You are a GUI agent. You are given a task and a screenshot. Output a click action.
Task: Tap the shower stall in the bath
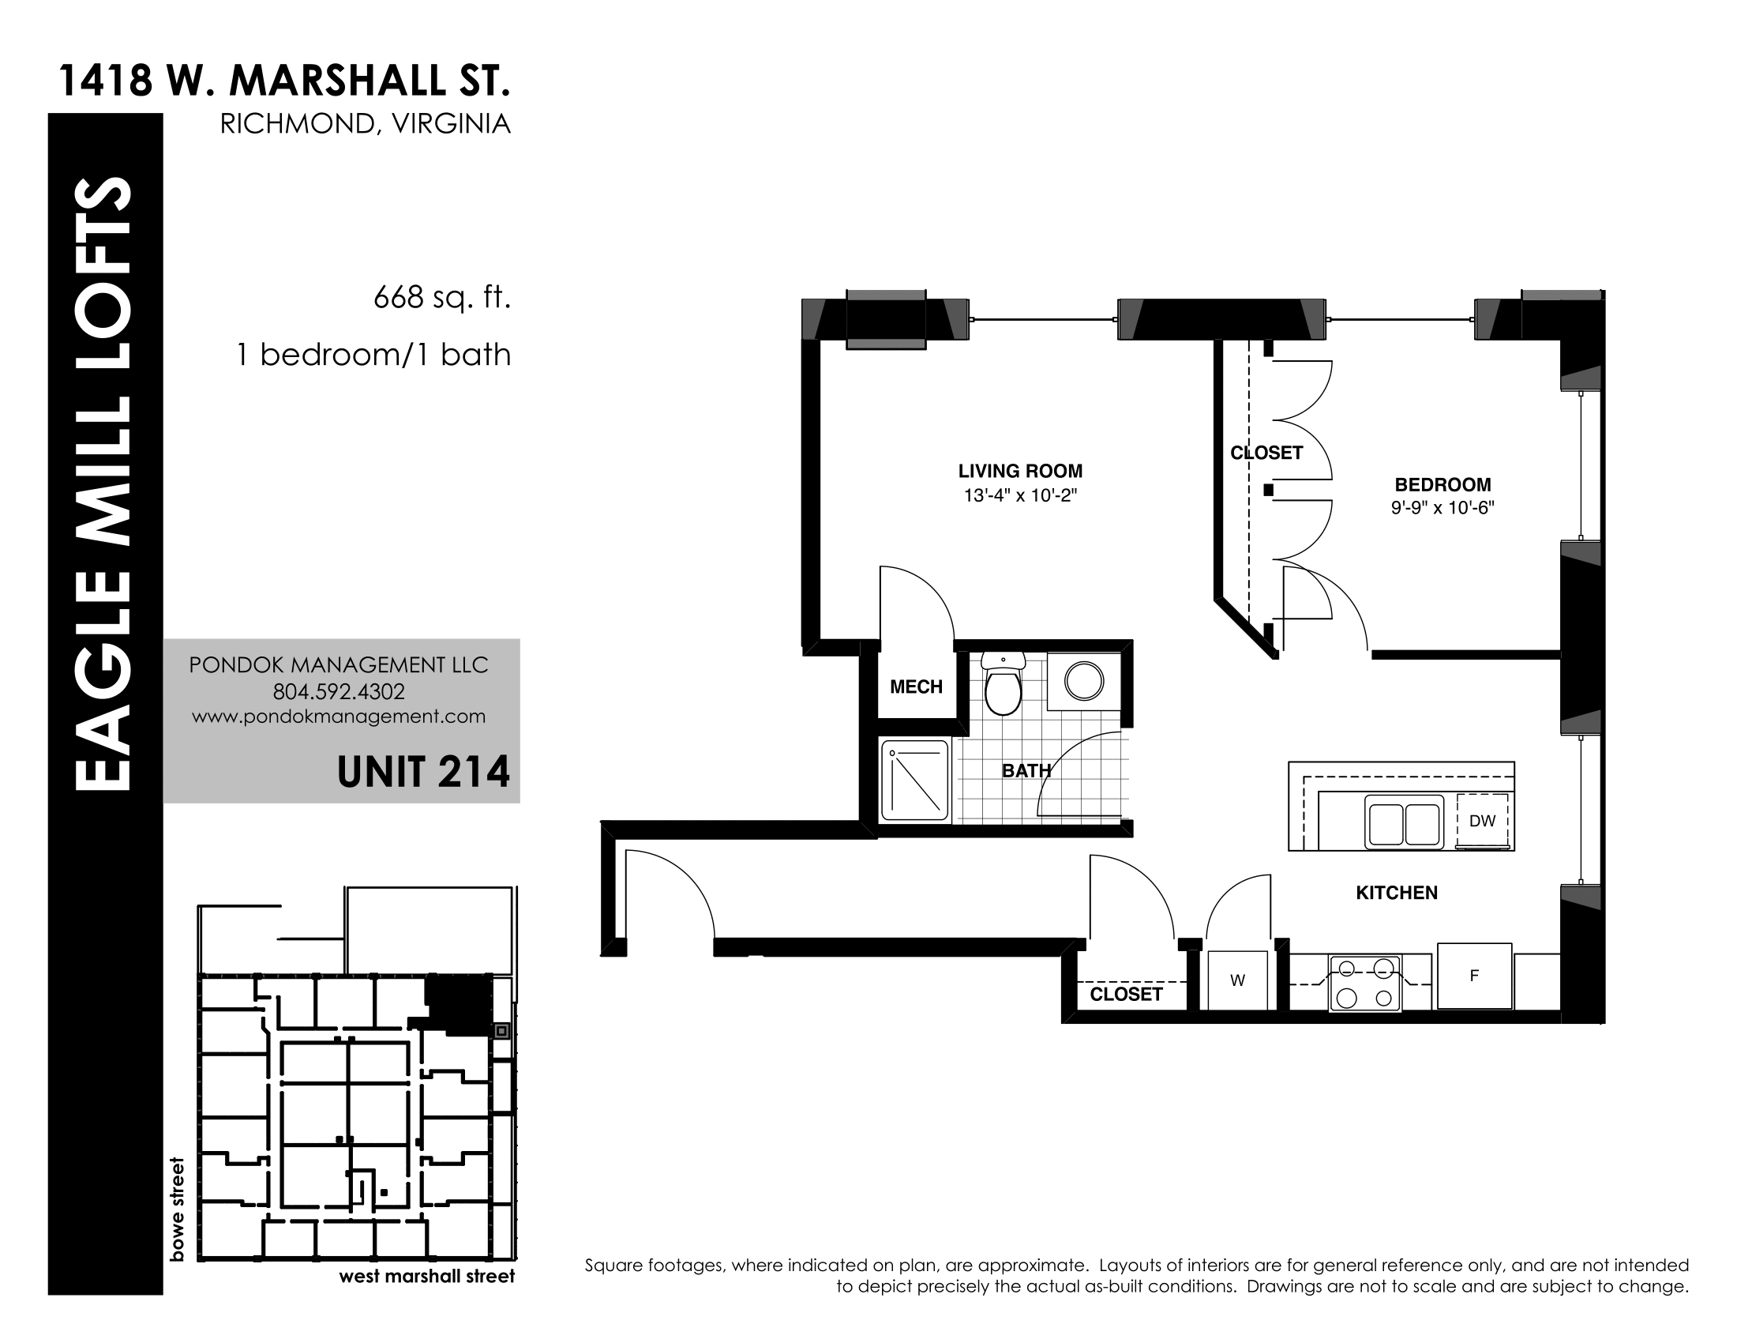click(x=914, y=781)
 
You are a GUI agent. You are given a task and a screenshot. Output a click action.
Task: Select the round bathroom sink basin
click(x=1084, y=681)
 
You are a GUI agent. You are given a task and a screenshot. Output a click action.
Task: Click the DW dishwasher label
click(x=1482, y=821)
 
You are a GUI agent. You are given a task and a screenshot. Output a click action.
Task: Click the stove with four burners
click(x=1365, y=984)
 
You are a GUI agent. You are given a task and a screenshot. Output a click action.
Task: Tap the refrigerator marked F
click(x=1474, y=976)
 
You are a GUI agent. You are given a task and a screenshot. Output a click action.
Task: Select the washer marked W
click(x=1237, y=980)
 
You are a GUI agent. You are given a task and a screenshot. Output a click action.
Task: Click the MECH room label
click(x=916, y=687)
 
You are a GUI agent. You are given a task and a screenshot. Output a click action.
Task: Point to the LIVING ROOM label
click(x=1020, y=471)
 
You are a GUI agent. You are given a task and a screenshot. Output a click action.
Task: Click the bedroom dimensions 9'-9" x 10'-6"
click(x=1442, y=508)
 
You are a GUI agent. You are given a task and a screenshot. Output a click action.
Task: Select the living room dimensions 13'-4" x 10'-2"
click(x=1020, y=495)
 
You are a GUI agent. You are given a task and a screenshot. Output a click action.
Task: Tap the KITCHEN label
click(x=1397, y=893)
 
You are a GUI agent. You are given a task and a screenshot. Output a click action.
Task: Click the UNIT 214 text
click(x=423, y=772)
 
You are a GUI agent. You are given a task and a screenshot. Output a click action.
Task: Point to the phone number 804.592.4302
click(x=339, y=691)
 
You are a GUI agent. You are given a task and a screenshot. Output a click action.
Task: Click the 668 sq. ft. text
click(x=441, y=298)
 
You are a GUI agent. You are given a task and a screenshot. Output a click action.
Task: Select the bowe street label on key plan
click(x=177, y=1209)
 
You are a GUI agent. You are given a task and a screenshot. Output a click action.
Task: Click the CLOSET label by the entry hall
click(x=1126, y=994)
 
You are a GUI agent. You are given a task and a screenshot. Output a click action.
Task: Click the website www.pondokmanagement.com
click(x=339, y=716)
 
